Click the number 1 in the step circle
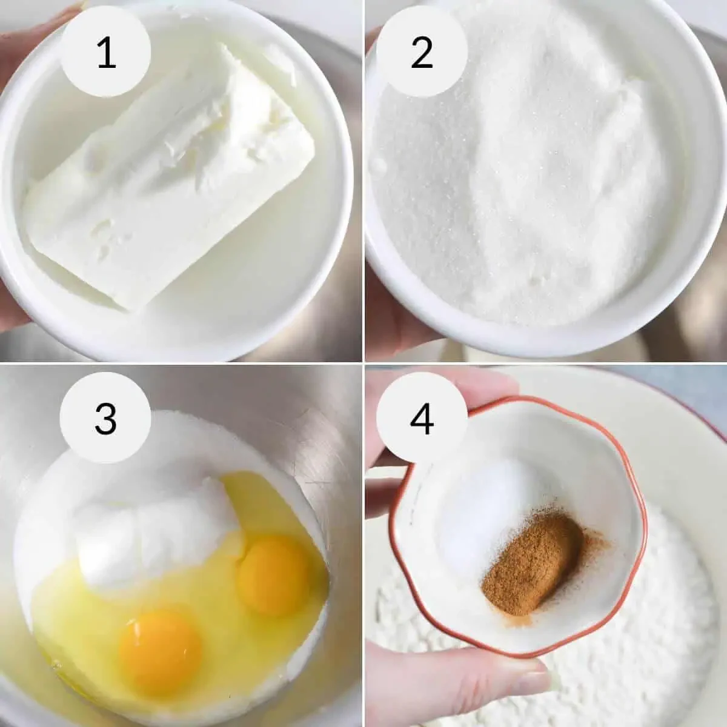(x=107, y=53)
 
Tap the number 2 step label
(x=422, y=53)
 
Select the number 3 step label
(x=106, y=419)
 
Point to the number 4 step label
(x=422, y=419)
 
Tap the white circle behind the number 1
(x=105, y=51)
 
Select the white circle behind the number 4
(x=422, y=417)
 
